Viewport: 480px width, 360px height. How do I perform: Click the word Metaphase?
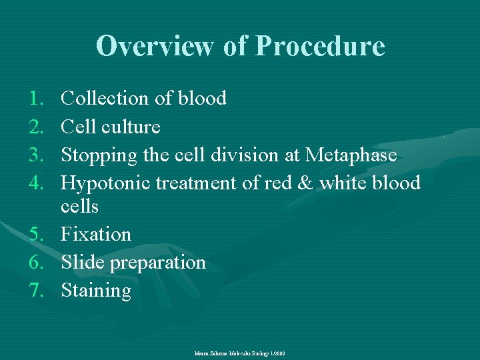click(351, 155)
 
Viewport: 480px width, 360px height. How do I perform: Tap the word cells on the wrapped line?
click(79, 207)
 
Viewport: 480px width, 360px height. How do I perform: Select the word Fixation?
click(96, 235)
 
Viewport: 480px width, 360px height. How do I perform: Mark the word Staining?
click(96, 291)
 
